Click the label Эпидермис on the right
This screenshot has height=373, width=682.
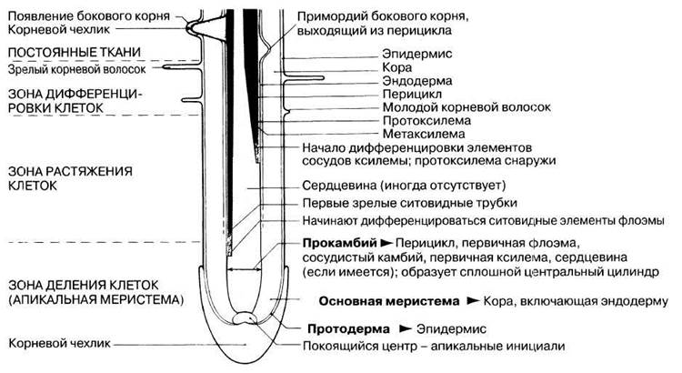click(x=417, y=54)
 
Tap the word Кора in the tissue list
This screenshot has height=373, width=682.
click(x=396, y=67)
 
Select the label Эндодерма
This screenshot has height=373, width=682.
click(x=417, y=81)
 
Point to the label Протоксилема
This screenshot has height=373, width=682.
click(x=426, y=121)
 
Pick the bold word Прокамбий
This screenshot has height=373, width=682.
click(x=339, y=243)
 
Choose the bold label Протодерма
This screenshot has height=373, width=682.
click(x=348, y=329)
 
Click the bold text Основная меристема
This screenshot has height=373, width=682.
click(x=389, y=301)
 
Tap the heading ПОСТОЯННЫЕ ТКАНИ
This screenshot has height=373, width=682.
click(x=75, y=52)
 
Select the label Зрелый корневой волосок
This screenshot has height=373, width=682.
click(x=77, y=70)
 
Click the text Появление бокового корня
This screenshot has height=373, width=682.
click(x=89, y=16)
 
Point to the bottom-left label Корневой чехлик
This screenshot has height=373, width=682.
click(x=59, y=343)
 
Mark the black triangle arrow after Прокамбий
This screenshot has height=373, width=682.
click(x=386, y=242)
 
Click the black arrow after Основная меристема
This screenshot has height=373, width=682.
click(x=473, y=301)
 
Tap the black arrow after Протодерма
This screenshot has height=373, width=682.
click(x=405, y=328)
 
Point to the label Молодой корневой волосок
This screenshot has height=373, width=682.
click(x=466, y=107)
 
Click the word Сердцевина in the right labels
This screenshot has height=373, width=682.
click(x=339, y=186)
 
